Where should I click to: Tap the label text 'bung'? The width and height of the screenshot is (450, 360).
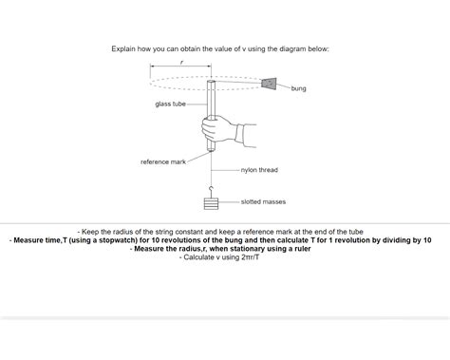coord(298,88)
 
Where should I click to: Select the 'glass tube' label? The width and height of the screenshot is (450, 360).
coord(170,104)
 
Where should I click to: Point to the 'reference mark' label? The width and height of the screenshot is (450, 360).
coord(163,161)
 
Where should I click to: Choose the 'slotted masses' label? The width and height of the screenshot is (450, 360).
coord(263,201)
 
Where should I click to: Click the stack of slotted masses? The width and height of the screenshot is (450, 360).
coord(211,203)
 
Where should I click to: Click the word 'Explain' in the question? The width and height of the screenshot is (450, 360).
coord(125,47)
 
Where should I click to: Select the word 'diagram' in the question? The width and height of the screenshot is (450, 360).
coord(286,47)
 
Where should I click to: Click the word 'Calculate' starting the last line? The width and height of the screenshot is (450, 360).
coord(199,257)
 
